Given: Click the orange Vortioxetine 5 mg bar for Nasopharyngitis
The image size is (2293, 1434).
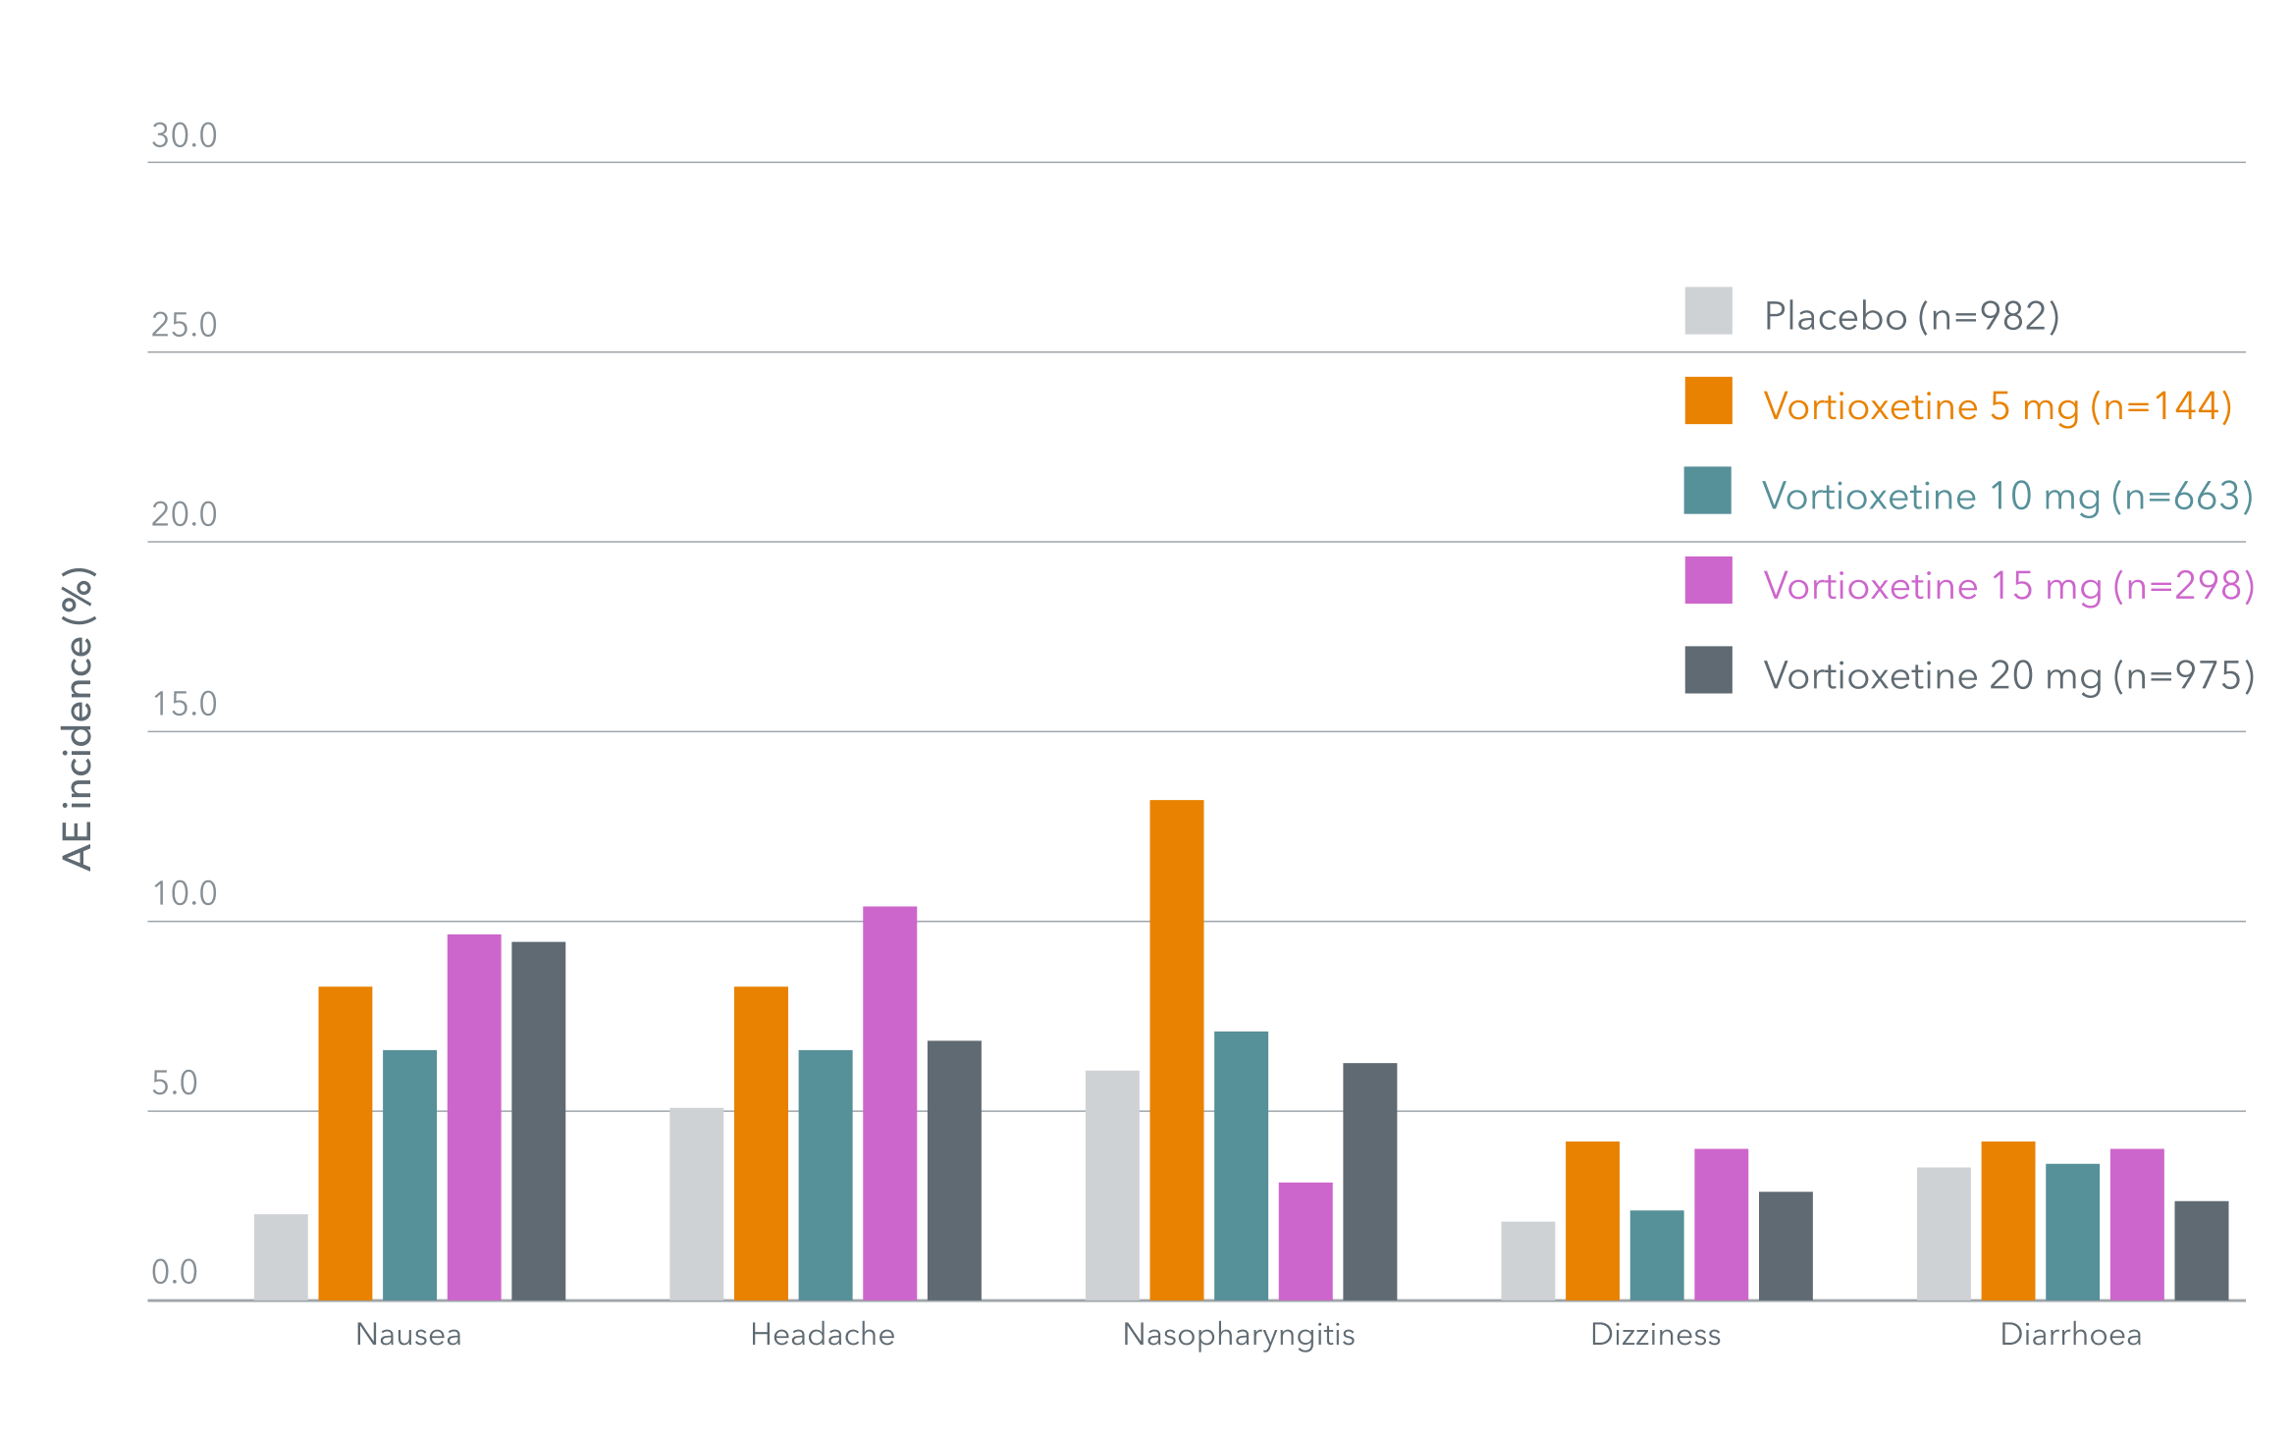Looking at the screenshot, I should tap(1176, 1050).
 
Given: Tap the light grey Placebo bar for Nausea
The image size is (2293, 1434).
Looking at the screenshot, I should tap(281, 1257).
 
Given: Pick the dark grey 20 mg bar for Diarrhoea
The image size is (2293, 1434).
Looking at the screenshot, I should tap(2201, 1250).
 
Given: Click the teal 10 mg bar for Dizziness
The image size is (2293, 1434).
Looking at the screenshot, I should tap(1656, 1255).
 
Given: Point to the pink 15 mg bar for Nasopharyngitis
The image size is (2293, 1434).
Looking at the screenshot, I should tap(1305, 1242).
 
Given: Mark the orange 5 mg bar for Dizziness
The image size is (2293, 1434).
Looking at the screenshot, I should tap(1592, 1221).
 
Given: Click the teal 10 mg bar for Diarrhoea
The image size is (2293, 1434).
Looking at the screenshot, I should tap(2072, 1232).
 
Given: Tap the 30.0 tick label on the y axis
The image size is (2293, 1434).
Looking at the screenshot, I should tap(184, 135).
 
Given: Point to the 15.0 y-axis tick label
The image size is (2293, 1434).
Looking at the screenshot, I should tap(184, 704).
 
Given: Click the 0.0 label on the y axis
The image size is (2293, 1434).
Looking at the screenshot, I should tap(174, 1272).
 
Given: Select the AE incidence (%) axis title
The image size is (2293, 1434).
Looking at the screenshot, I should tap(78, 718).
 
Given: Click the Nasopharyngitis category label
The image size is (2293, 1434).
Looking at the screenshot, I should tap(1239, 1335).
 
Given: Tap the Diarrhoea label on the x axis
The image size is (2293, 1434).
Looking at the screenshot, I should tap(2071, 1335).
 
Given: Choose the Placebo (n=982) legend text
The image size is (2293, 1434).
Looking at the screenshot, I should tap(1911, 316).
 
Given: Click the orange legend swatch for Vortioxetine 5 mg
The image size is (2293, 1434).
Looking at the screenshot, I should tap(1708, 400).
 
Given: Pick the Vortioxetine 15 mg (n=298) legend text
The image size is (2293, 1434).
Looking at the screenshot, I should tap(2008, 586).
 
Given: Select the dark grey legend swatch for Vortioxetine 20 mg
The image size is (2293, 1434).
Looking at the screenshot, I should tap(1708, 670).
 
